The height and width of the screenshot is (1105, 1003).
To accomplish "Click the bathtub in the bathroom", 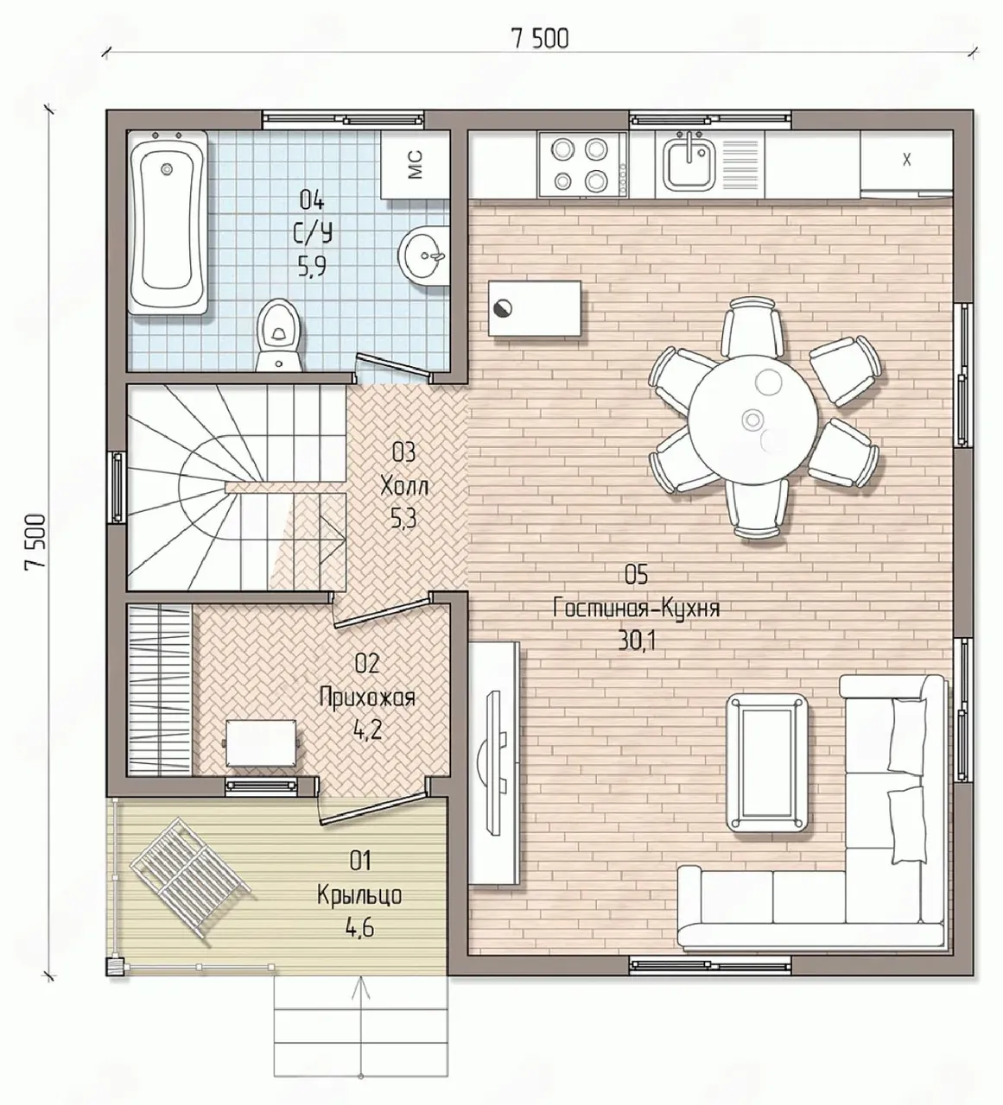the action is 168,222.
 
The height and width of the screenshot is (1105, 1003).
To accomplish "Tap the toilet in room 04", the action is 280,336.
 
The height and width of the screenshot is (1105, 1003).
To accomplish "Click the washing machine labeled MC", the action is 415,164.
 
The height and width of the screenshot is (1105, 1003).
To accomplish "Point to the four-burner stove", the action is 583,164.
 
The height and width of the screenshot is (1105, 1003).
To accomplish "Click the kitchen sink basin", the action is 689,163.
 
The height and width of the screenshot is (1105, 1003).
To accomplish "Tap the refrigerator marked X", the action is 906,162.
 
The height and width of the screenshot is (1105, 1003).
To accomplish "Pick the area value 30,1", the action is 637,641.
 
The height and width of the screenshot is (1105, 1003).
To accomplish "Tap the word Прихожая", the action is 367,698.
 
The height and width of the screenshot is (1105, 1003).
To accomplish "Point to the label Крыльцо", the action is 359,896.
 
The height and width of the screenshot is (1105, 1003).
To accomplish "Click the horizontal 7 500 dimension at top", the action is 540,40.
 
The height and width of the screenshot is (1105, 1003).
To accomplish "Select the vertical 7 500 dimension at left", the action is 35,543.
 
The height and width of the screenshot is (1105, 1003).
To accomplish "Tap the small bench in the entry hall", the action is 262,742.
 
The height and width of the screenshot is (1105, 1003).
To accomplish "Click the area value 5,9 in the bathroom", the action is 312,267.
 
